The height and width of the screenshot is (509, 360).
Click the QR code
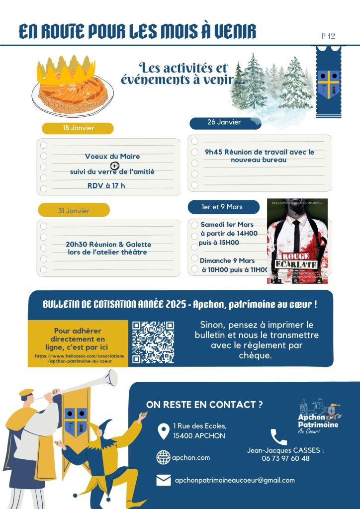(153, 342)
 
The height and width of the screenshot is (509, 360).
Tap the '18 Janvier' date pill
(78, 128)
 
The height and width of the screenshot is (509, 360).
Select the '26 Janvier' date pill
(224, 123)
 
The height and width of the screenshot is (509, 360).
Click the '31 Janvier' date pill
(74, 211)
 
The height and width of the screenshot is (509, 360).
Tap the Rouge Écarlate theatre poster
(297, 241)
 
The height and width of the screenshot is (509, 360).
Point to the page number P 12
(328, 36)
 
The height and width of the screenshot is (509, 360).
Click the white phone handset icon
(278, 437)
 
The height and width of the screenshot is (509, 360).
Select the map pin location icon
(163, 431)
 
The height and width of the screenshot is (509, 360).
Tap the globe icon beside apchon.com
(163, 457)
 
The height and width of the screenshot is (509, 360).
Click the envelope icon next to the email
(163, 480)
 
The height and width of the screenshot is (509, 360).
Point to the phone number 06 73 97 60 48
(285, 458)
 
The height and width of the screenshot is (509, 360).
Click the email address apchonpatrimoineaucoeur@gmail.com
(234, 480)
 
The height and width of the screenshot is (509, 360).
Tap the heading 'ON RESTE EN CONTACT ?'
(204, 405)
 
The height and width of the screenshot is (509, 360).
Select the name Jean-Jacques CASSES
(285, 450)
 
